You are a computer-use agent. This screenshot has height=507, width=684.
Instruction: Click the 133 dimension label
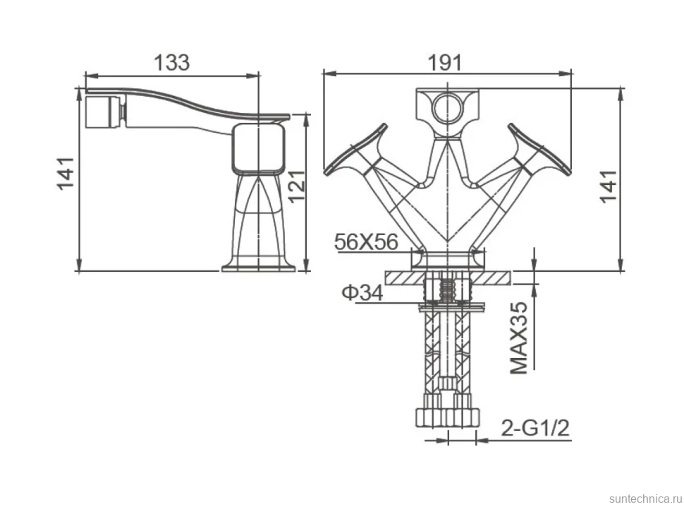pyautogui.click(x=172, y=62)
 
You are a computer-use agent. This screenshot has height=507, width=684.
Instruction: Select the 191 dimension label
pyautogui.click(x=444, y=62)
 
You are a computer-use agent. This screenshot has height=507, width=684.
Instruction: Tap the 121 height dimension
pyautogui.click(x=298, y=186)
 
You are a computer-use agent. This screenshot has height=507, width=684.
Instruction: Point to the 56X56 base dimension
pyautogui.click(x=366, y=241)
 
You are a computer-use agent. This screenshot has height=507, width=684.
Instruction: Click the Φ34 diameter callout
pyautogui.click(x=362, y=292)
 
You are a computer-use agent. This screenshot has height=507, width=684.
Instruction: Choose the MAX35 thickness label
pyautogui.click(x=519, y=338)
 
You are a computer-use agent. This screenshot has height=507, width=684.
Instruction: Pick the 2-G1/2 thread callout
pyautogui.click(x=535, y=428)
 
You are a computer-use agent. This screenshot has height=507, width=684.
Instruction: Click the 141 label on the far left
pyautogui.click(x=66, y=174)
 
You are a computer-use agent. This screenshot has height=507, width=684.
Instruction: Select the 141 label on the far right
pyautogui.click(x=609, y=186)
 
